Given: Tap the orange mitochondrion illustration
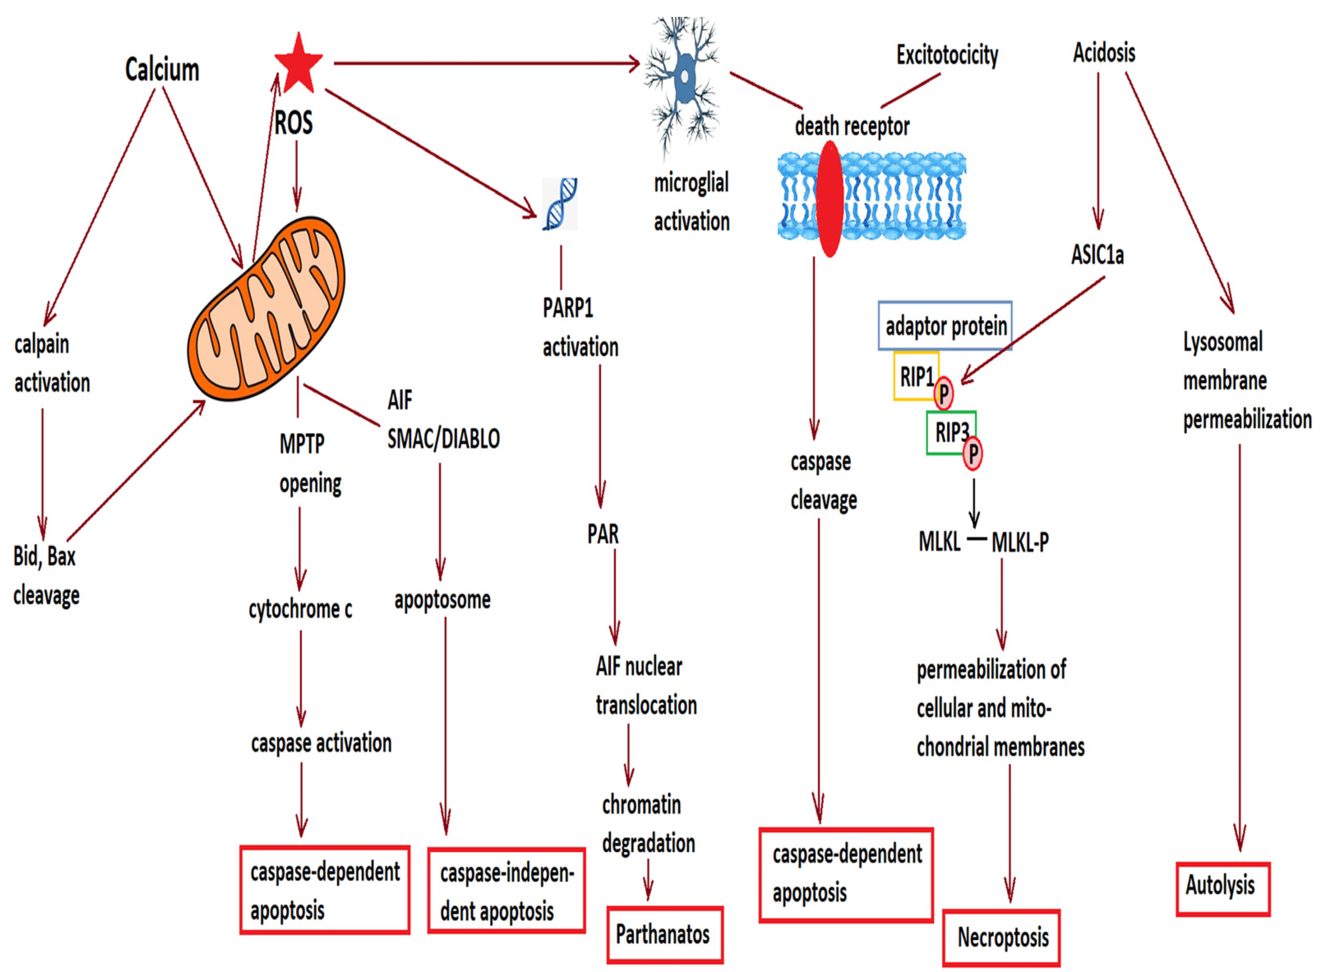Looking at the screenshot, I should pyautogui.click(x=266, y=309).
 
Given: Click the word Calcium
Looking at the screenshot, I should pyautogui.click(x=162, y=69).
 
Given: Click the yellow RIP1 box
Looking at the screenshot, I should pyautogui.click(x=916, y=376).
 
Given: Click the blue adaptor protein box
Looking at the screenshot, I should pyautogui.click(x=945, y=326).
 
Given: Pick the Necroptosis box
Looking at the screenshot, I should pyautogui.click(x=1001, y=938).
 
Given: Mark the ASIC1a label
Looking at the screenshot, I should pyautogui.click(x=1097, y=255).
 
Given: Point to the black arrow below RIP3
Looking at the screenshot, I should pyautogui.click(x=974, y=503).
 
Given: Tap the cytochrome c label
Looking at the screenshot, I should pyautogui.click(x=300, y=610).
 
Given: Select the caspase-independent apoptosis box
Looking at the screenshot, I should pyautogui.click(x=506, y=891).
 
